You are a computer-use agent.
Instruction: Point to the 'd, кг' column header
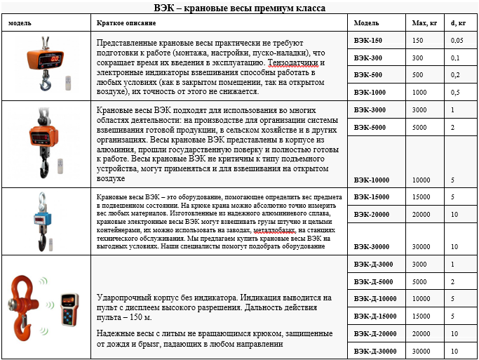pos(458,22)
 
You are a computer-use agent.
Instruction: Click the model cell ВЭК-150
pos(368,41)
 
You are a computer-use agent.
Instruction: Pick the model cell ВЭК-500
pos(368,74)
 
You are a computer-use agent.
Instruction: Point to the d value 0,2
pos(455,74)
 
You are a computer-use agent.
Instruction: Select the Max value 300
pos(418,58)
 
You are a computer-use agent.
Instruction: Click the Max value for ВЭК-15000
pos(421,196)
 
